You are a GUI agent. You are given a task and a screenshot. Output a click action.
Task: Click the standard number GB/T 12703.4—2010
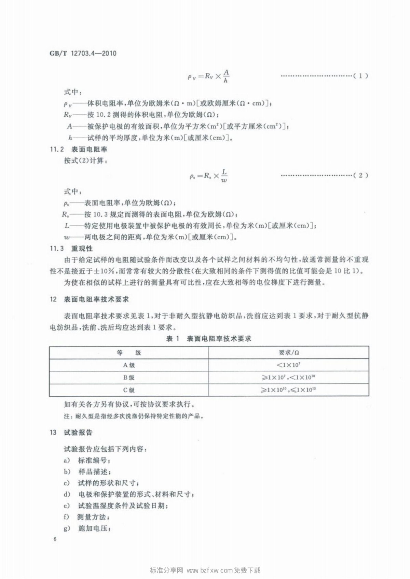click(83, 54)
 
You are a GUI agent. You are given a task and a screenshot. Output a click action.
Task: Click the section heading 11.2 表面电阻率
click(79, 149)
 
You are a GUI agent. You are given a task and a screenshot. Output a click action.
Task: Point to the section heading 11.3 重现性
click(71, 248)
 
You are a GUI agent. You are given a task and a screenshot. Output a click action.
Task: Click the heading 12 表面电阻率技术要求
click(89, 299)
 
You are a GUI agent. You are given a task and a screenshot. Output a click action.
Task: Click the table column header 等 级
click(129, 353)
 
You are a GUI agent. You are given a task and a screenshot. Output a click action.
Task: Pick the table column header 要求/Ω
click(289, 353)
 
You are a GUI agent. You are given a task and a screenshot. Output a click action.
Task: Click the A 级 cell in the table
click(129, 365)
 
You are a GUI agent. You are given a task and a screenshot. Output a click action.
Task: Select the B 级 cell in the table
click(129, 378)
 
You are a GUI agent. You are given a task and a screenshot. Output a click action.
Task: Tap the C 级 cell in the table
click(129, 390)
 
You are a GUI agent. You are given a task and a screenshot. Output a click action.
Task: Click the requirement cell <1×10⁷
click(289, 365)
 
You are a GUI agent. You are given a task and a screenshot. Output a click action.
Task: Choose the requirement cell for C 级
click(289, 390)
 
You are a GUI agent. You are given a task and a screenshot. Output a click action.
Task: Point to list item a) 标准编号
click(87, 460)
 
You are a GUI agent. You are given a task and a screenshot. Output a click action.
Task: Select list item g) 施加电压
click(87, 528)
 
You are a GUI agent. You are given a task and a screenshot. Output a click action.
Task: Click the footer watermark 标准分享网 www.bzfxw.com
click(205, 570)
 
